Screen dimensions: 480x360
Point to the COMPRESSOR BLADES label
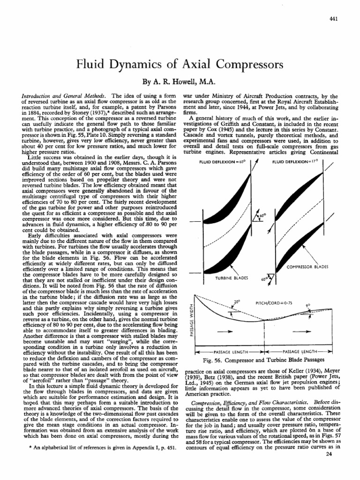(x=307, y=267)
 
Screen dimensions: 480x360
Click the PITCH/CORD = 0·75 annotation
(x=272, y=303)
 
